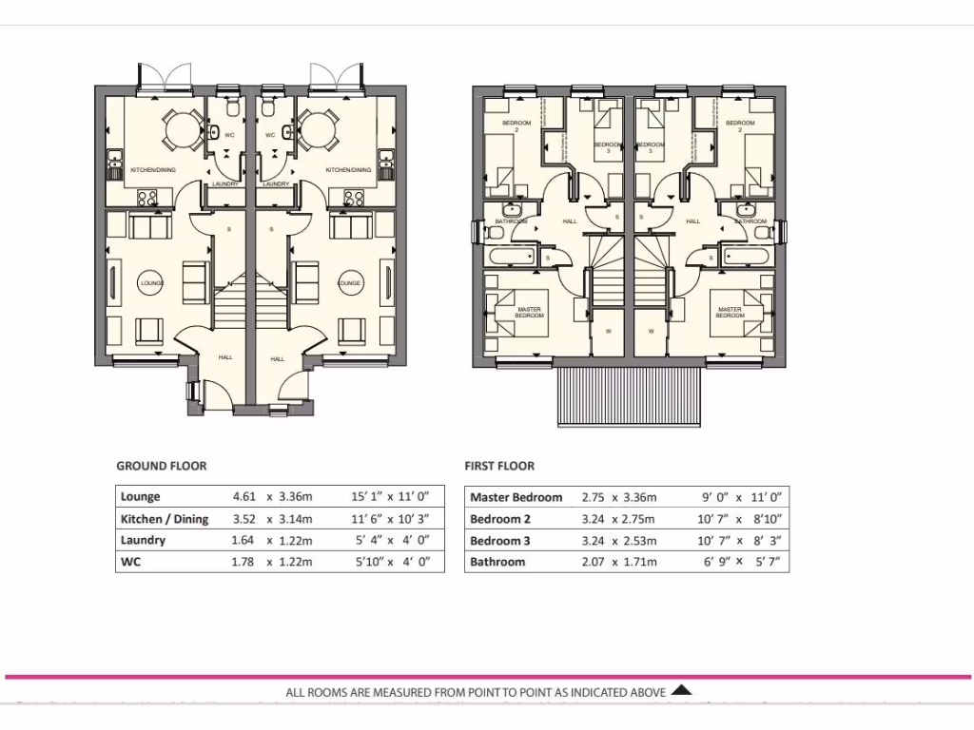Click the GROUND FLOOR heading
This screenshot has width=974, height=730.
point(161,466)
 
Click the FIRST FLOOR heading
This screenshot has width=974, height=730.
point(499,466)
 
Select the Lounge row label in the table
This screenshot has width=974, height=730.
point(141,496)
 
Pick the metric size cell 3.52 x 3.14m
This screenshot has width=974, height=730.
point(273,519)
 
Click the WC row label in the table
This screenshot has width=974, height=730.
point(130,562)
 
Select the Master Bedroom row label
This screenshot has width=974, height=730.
point(516,497)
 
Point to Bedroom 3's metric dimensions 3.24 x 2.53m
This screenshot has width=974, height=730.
point(619,541)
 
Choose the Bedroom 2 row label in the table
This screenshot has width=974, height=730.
point(500,519)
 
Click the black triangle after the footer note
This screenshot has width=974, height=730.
point(681,691)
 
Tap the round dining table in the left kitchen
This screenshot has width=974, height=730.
point(179,126)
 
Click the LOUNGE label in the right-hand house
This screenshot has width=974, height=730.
point(350,283)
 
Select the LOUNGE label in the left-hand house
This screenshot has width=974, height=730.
point(152,283)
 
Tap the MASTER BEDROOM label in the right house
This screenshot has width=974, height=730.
point(730,312)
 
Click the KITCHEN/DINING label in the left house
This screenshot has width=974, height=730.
point(151,170)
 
